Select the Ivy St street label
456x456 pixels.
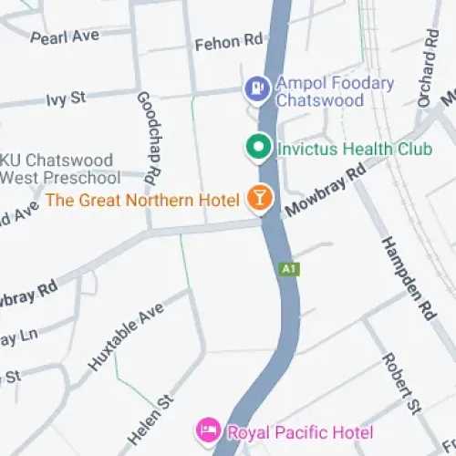65,98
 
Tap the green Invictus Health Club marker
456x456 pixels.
259,146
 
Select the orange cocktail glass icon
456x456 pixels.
260,200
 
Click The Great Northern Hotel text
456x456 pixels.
142,200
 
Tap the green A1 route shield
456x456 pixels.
289,269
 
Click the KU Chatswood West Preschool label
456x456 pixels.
60,168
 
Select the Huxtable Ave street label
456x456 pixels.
125,342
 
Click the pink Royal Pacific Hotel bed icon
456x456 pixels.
207,430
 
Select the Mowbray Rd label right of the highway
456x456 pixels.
324,190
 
